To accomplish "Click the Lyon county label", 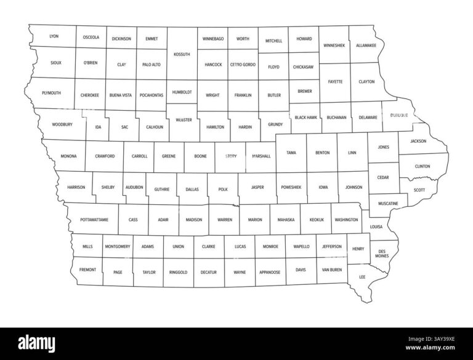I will [x=54, y=36].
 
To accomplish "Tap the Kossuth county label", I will [x=182, y=54].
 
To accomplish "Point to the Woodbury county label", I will [x=62, y=124].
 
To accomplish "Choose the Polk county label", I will [x=222, y=190].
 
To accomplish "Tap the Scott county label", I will [x=419, y=190].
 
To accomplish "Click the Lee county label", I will [x=362, y=277].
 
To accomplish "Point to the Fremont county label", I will [x=87, y=270].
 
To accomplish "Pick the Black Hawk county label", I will [x=305, y=117].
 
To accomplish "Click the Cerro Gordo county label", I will [x=243, y=65].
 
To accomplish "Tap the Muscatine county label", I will [x=388, y=203].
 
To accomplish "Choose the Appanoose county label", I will [x=270, y=271].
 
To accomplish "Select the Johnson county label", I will [x=354, y=186].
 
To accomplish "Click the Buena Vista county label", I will [x=121, y=95].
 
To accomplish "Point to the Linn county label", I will [x=352, y=152].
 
